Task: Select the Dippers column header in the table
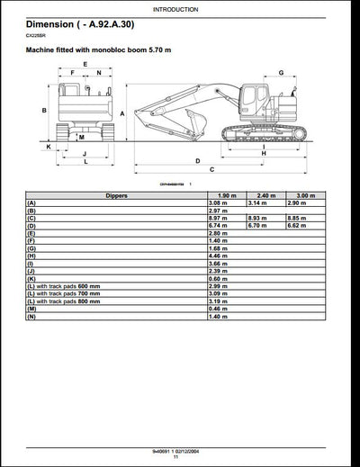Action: (x=116, y=195)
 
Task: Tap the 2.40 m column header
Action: (x=265, y=195)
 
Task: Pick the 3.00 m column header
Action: (x=306, y=195)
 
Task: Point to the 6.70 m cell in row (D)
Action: (x=260, y=225)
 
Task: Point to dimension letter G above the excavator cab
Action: (x=281, y=73)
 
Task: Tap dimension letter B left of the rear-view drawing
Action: (x=44, y=110)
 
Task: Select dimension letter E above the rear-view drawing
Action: (x=85, y=64)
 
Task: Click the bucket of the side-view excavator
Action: (x=145, y=117)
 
